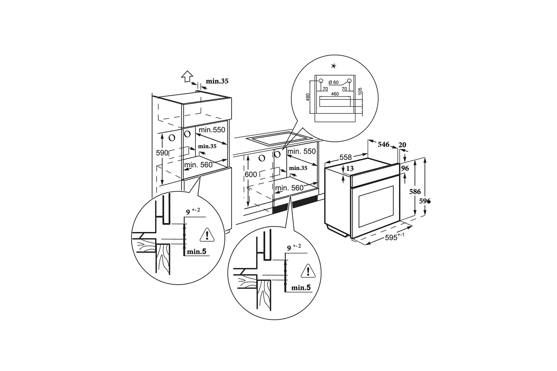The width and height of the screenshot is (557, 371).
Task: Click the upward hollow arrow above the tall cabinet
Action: click(x=187, y=76)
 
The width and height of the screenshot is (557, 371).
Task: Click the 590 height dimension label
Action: click(x=162, y=153)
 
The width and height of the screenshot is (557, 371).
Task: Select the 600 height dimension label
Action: click(x=251, y=175)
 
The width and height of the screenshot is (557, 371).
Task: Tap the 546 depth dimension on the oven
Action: click(x=384, y=144)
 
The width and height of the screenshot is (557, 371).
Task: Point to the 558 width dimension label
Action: click(x=346, y=157)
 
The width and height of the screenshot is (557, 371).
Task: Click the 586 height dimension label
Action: click(x=415, y=191)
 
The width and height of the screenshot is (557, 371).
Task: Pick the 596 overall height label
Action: click(x=425, y=201)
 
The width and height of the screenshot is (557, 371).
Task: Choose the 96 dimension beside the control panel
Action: click(x=405, y=168)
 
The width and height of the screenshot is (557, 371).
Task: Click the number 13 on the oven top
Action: click(x=350, y=168)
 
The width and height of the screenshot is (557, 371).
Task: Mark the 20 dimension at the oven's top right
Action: click(x=402, y=145)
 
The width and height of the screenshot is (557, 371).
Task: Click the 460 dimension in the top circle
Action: click(x=335, y=94)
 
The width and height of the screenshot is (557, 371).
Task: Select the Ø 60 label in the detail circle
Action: click(x=333, y=82)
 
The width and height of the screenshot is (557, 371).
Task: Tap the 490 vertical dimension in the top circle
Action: click(x=308, y=97)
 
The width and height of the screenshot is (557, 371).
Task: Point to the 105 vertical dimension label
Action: click(x=360, y=91)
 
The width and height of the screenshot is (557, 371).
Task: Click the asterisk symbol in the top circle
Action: click(x=334, y=66)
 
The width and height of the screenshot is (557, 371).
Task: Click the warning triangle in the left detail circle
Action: click(x=207, y=235)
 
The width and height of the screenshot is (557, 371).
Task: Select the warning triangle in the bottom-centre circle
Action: click(x=308, y=271)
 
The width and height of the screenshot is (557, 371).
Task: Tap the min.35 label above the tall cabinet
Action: click(x=217, y=81)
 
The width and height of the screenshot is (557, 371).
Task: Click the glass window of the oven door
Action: click(x=376, y=206)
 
